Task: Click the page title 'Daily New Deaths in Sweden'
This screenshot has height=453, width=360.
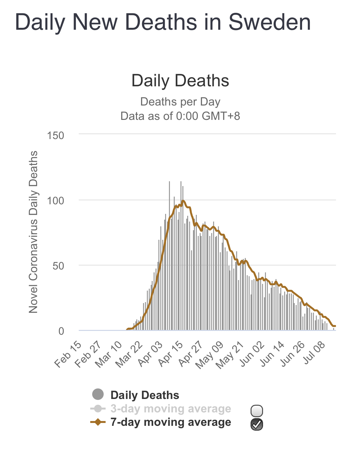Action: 163,22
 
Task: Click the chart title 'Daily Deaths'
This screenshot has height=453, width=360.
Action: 180,81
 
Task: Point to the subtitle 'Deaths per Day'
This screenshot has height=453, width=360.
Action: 180,102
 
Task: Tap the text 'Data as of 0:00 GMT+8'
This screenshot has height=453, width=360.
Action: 180,116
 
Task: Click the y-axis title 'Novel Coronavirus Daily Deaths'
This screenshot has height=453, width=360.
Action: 33,232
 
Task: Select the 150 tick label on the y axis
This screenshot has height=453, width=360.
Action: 56,136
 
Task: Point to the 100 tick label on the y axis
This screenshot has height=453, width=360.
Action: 56,201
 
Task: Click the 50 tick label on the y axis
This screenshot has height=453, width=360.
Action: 58,266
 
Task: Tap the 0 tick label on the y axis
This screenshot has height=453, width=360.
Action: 61,331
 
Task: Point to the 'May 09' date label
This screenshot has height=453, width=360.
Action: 209,355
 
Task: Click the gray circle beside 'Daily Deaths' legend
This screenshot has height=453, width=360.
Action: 98,394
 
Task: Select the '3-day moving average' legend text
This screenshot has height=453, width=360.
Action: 171,409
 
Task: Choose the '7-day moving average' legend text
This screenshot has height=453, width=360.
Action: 171,422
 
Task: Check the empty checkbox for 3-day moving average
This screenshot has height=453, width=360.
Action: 257,410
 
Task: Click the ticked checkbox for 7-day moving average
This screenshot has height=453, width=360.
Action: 257,424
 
